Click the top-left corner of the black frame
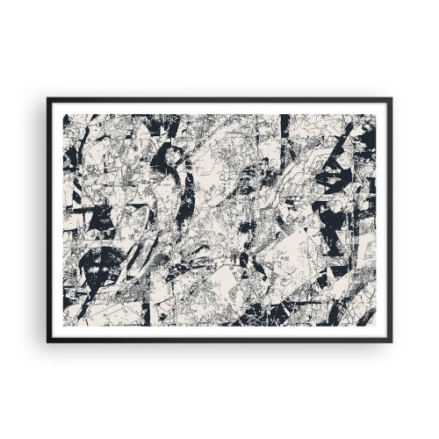click(48, 98)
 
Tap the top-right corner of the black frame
click(391, 98)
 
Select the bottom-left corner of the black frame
click(48, 341)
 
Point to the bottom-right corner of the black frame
click(391, 341)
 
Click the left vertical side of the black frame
click(49, 219)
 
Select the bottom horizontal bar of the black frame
click(219, 340)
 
